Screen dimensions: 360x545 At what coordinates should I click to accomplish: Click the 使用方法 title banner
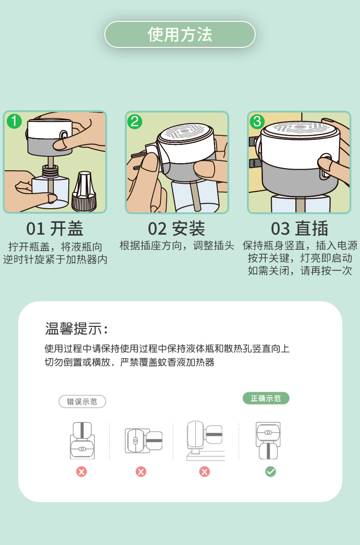(x=180, y=35)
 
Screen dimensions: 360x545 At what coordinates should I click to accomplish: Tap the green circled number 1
(x=14, y=121)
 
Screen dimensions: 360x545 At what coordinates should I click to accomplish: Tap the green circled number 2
(x=135, y=122)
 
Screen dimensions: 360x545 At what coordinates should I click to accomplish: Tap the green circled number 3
(x=257, y=121)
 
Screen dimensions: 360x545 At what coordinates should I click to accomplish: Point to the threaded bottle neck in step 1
(x=50, y=171)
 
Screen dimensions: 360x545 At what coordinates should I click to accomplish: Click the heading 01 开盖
(x=55, y=229)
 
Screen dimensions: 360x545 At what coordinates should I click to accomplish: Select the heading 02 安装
(x=176, y=229)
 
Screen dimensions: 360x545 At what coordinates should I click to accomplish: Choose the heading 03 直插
(x=299, y=229)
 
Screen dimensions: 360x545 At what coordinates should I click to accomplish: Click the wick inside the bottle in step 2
(x=195, y=195)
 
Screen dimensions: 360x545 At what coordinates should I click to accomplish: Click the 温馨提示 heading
(x=77, y=329)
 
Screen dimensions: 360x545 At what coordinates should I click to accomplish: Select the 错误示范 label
(x=82, y=401)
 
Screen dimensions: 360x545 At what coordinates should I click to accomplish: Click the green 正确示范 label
(x=266, y=398)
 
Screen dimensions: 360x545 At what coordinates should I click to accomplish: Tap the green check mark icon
(x=270, y=472)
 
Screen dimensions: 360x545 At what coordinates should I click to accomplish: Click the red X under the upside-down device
(x=82, y=472)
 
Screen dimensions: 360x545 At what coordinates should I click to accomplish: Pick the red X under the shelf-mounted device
(x=204, y=472)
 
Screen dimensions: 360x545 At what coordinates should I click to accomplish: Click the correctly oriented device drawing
(x=268, y=440)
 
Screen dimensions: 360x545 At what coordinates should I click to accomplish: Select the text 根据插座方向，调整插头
(x=176, y=246)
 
